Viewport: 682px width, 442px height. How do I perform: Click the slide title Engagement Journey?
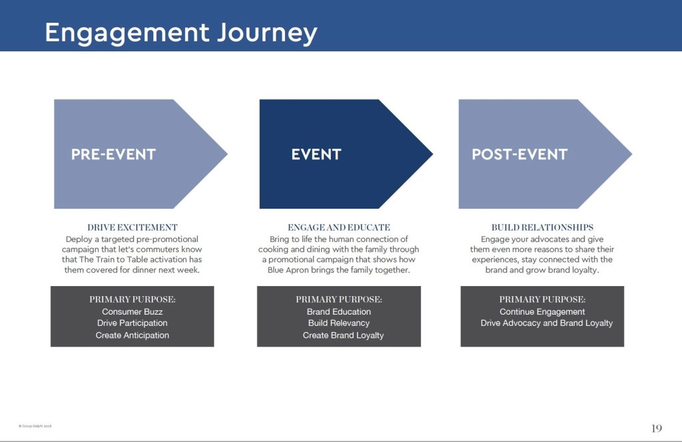click(180, 32)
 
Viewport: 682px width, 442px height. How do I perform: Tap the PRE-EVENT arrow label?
click(113, 155)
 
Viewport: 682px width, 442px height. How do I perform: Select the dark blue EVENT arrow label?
click(316, 155)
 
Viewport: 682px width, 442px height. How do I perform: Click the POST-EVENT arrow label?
click(519, 155)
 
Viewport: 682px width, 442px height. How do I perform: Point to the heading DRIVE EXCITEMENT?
click(133, 227)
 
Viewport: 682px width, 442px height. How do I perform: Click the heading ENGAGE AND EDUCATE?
click(339, 227)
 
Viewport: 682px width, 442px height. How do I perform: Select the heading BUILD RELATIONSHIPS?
click(542, 227)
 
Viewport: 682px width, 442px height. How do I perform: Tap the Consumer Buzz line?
click(132, 311)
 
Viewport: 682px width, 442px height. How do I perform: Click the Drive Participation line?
click(132, 323)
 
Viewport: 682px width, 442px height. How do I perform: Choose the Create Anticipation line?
click(132, 335)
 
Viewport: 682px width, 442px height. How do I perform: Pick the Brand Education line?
click(339, 311)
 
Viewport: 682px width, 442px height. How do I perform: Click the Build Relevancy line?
click(339, 323)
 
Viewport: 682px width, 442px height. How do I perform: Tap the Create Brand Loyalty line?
click(343, 335)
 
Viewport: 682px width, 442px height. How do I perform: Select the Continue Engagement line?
click(542, 311)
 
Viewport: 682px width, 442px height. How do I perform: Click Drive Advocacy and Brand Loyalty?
click(547, 323)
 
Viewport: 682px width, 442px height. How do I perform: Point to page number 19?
click(656, 427)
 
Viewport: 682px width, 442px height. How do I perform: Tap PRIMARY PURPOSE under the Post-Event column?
click(542, 299)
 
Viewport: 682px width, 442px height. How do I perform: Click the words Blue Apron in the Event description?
click(288, 271)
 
